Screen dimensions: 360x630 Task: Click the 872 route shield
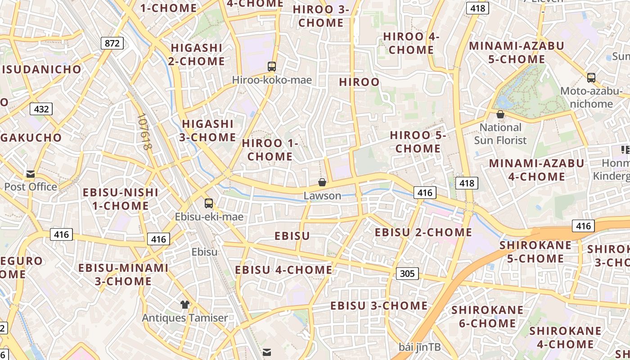point(112,43)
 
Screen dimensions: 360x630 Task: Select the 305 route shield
point(407,273)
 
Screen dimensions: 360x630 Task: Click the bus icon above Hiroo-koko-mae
point(271,67)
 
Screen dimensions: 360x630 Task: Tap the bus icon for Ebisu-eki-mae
point(209,203)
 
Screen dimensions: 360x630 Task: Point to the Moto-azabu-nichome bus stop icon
point(591,77)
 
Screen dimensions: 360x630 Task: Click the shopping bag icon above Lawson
point(322,182)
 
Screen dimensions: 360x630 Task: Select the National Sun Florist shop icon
point(500,114)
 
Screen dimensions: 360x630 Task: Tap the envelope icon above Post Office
point(31,174)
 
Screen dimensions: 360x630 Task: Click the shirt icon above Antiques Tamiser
point(184,305)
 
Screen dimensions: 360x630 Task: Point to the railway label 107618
point(145,131)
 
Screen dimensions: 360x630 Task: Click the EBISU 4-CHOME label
point(283,270)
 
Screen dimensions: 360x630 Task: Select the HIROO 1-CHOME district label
point(270,150)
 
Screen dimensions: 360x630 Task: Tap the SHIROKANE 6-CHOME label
point(487,316)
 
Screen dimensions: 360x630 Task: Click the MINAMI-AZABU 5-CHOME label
point(516,52)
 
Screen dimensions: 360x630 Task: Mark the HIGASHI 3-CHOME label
point(207,130)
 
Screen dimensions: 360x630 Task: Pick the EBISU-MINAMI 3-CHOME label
point(123,274)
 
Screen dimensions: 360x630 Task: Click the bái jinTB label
point(419,347)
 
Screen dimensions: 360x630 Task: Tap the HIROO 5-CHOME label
point(418,141)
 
